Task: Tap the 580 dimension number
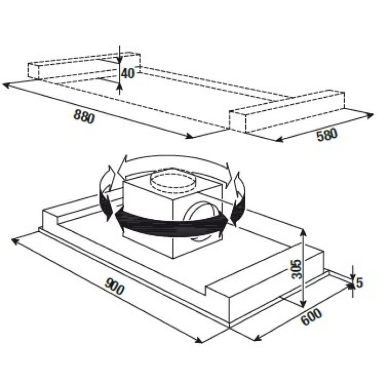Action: pos(327,135)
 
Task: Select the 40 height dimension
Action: pos(128,73)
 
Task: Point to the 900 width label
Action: pos(114,287)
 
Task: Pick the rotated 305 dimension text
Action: pos(297,269)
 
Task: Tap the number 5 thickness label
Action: pos(359,283)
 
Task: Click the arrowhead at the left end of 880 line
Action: pos(6,85)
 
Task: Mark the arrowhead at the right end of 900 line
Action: pos(198,340)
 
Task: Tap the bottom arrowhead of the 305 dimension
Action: pos(303,304)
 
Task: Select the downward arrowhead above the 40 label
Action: pos(119,59)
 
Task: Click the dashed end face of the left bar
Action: pos(33,71)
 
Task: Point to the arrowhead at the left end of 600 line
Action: pos(258,338)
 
